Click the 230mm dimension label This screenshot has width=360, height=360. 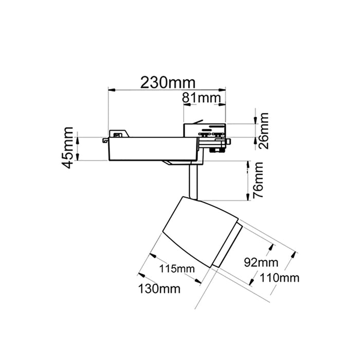point(168,83)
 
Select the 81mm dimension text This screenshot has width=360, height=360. point(202,98)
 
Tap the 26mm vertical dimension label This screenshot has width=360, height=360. point(263,131)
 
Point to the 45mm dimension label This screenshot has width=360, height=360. point(67,148)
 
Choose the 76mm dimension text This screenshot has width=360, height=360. point(258,180)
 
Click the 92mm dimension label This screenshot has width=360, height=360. point(261,262)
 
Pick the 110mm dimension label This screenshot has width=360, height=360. point(279,278)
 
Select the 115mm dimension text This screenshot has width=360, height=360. point(177,268)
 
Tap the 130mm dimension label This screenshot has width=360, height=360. point(159,289)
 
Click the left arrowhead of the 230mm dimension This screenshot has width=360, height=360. point(112,90)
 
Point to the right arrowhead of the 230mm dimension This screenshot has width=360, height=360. point(222,90)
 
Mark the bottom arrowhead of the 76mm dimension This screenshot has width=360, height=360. point(248,197)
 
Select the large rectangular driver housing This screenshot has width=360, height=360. point(152,149)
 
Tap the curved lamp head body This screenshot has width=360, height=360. point(200,231)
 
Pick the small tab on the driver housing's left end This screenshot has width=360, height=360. point(105,140)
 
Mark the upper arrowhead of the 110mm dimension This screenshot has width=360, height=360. point(293,256)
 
